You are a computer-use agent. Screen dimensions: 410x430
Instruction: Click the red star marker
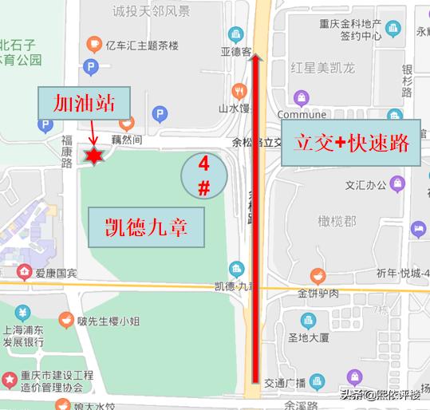94,156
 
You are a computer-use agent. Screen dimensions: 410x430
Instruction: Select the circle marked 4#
204,176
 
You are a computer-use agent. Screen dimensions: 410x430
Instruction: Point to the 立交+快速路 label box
352,144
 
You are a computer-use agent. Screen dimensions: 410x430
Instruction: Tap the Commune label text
302,114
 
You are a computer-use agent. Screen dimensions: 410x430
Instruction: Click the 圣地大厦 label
309,337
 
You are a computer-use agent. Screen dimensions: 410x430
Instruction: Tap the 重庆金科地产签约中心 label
354,30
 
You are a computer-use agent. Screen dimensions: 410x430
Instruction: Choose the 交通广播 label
298,380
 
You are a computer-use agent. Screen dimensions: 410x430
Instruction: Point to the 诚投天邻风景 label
152,11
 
